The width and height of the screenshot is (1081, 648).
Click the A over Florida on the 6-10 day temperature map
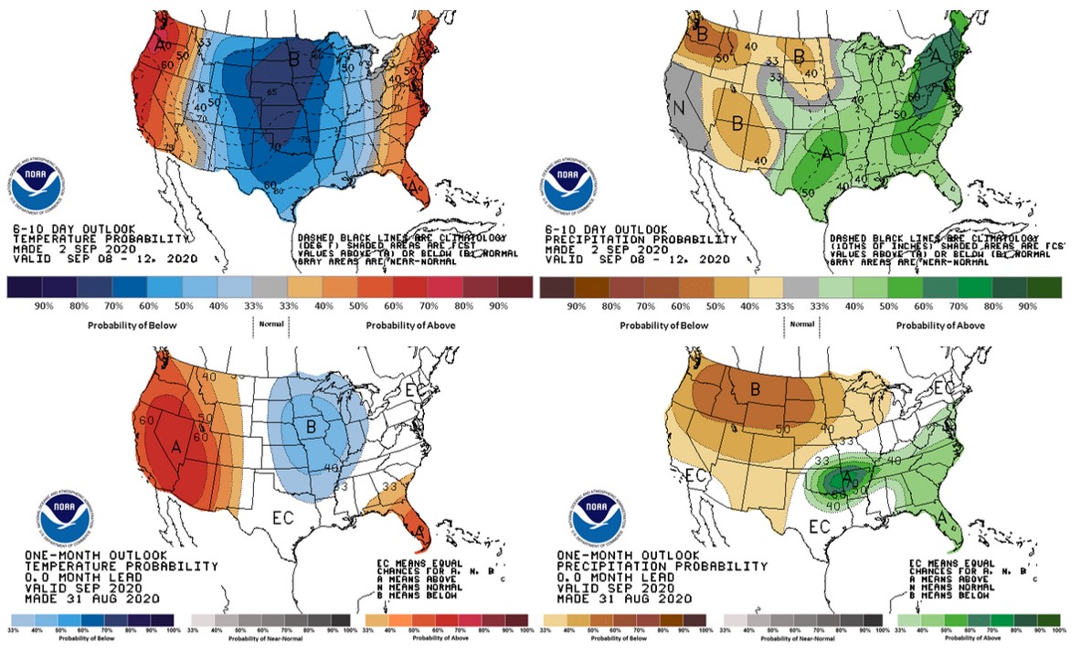[x=417, y=187]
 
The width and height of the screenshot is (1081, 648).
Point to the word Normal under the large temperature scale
[x=270, y=324]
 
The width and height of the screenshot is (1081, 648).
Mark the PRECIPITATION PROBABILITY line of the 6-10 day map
[x=639, y=239]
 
